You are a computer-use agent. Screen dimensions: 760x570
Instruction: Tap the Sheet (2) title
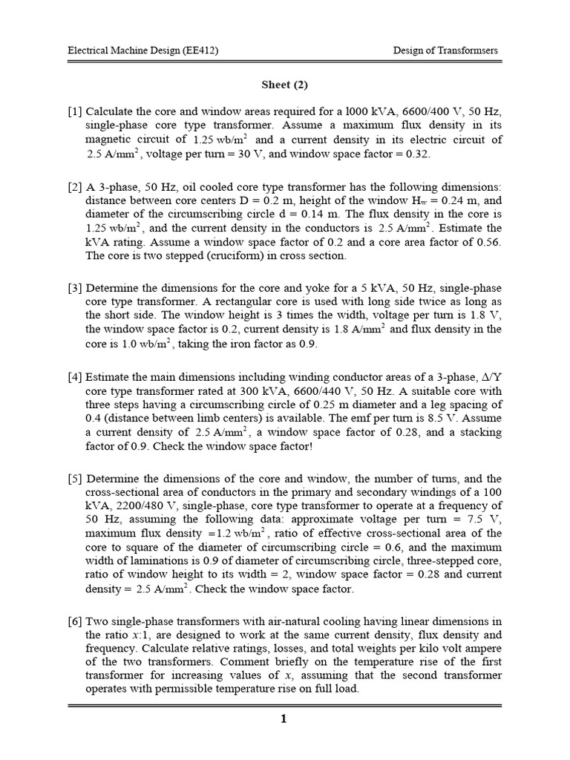(285, 84)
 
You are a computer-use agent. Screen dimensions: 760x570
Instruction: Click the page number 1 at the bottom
(284, 719)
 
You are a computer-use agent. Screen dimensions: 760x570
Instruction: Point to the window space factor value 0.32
(417, 154)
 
